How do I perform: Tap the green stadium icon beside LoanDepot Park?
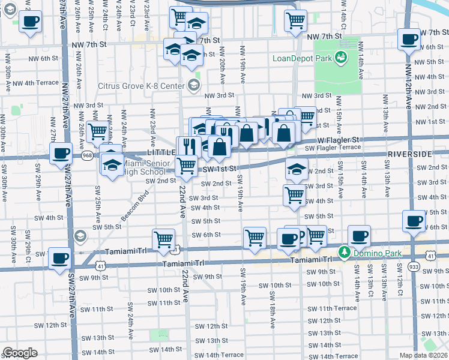tap(341, 58)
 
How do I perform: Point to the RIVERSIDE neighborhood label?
tap(409, 154)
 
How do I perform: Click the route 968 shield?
tap(88, 155)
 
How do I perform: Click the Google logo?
tap(20, 353)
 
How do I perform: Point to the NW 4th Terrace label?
tap(35, 83)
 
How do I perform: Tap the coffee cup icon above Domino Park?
tap(359, 236)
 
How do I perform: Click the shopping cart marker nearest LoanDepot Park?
tap(295, 21)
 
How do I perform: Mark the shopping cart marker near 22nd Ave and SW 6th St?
tap(164, 240)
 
